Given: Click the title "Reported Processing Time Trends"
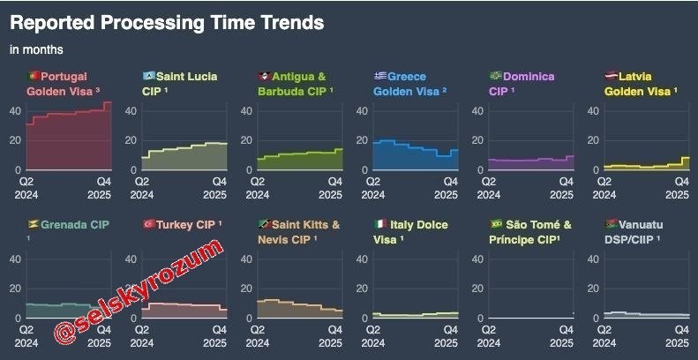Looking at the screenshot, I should coord(167,22).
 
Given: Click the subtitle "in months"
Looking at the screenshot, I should coord(36,50).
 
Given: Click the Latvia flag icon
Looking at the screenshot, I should coord(610,76).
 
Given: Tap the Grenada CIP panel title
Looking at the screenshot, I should coord(75,225).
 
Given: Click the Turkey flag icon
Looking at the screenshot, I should coord(148,224).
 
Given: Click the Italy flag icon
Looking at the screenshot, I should coord(379,224).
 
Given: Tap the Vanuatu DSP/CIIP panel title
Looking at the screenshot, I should coord(640,231).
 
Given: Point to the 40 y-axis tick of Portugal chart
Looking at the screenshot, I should coord(15,111).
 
